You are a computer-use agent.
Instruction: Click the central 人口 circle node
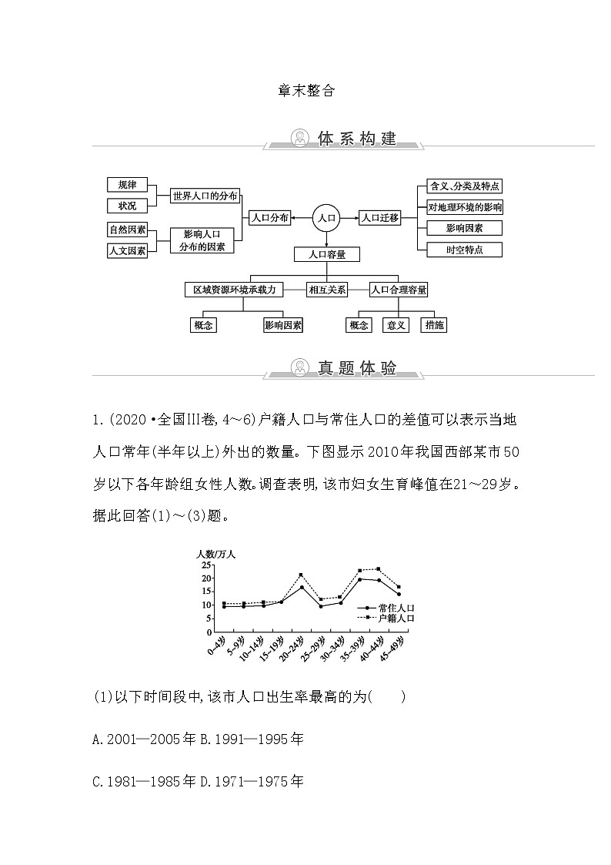tap(326, 218)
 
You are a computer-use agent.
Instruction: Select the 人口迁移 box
tap(380, 218)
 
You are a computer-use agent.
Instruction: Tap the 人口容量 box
tap(327, 253)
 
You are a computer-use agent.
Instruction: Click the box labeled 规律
tap(127, 185)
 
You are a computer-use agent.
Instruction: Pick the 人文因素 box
tap(127, 250)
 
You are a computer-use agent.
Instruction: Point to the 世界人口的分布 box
tap(205, 196)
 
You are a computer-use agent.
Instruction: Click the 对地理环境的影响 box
tap(465, 206)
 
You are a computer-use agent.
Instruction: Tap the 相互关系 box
tap(327, 290)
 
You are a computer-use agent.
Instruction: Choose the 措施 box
tap(434, 325)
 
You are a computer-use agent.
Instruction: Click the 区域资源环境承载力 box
tap(235, 290)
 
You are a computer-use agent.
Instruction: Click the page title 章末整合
tap(306, 90)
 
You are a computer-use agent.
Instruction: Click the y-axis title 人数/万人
tap(215, 553)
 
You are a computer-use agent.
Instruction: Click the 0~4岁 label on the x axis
tap(217, 646)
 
